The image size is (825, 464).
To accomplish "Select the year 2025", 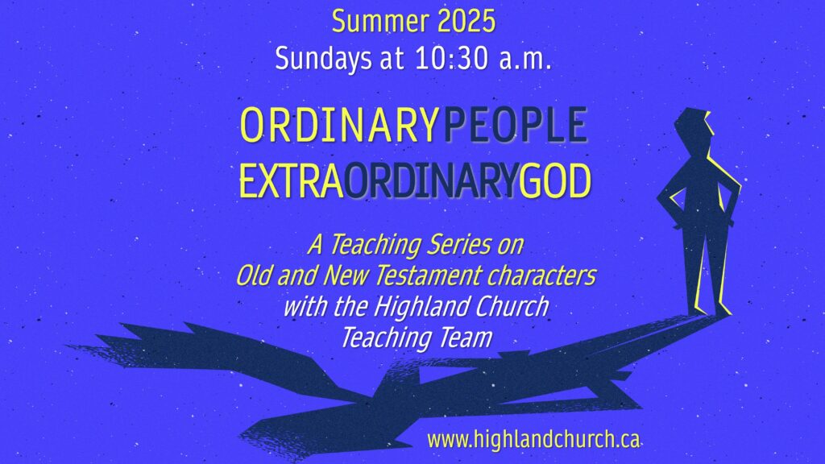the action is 466,22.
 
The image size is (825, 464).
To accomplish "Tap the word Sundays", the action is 323,59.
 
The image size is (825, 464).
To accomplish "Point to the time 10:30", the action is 451,58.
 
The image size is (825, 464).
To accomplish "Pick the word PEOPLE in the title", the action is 516,125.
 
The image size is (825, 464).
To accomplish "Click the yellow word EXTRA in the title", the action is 291,181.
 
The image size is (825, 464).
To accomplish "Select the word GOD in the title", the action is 555,181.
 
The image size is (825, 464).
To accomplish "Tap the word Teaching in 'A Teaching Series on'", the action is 375,246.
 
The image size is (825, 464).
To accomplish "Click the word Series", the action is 459,245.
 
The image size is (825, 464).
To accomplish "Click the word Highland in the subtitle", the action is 414,307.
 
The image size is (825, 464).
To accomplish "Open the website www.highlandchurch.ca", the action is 533,439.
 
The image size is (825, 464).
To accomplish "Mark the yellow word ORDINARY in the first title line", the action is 339,125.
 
